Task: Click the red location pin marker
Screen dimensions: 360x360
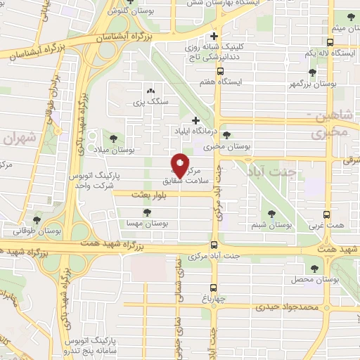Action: coord(180,165)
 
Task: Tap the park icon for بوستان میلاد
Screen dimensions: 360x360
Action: coord(113,139)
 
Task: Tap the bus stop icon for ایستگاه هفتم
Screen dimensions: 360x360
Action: coord(221,71)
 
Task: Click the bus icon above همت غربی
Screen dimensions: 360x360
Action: coord(346,215)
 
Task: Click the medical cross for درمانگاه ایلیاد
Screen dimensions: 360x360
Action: coord(195,120)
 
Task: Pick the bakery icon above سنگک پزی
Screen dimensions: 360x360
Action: coord(150,91)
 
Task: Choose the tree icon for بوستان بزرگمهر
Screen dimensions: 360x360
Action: coord(311,72)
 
